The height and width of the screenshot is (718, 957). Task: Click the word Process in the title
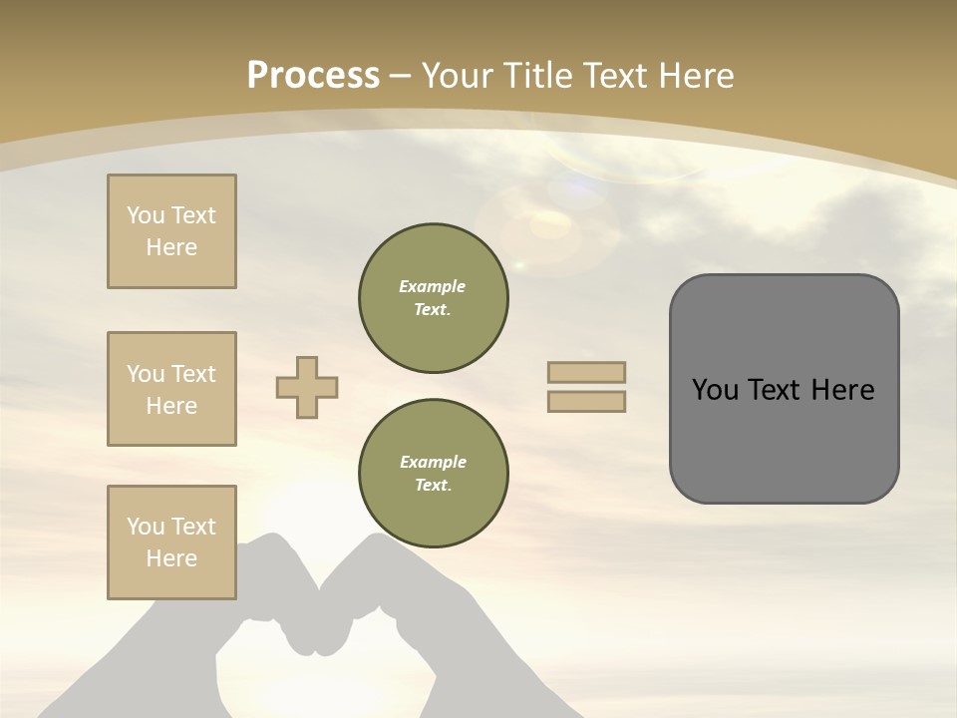(313, 76)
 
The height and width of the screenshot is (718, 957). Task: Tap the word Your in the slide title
(458, 76)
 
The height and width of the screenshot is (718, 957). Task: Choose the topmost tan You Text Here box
(171, 231)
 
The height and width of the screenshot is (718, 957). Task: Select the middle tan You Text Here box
(171, 389)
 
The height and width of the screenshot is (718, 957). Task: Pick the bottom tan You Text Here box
(171, 542)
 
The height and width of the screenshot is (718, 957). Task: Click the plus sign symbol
(307, 387)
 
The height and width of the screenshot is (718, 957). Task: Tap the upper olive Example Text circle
(433, 297)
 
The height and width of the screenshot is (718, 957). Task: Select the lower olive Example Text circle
(433, 473)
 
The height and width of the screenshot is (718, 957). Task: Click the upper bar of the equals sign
(586, 372)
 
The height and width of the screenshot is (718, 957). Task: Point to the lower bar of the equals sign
(586, 401)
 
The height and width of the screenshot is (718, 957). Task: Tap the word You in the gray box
(715, 390)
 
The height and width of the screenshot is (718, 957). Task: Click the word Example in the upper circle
(433, 286)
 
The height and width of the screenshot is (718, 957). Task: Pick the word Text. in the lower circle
(433, 485)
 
